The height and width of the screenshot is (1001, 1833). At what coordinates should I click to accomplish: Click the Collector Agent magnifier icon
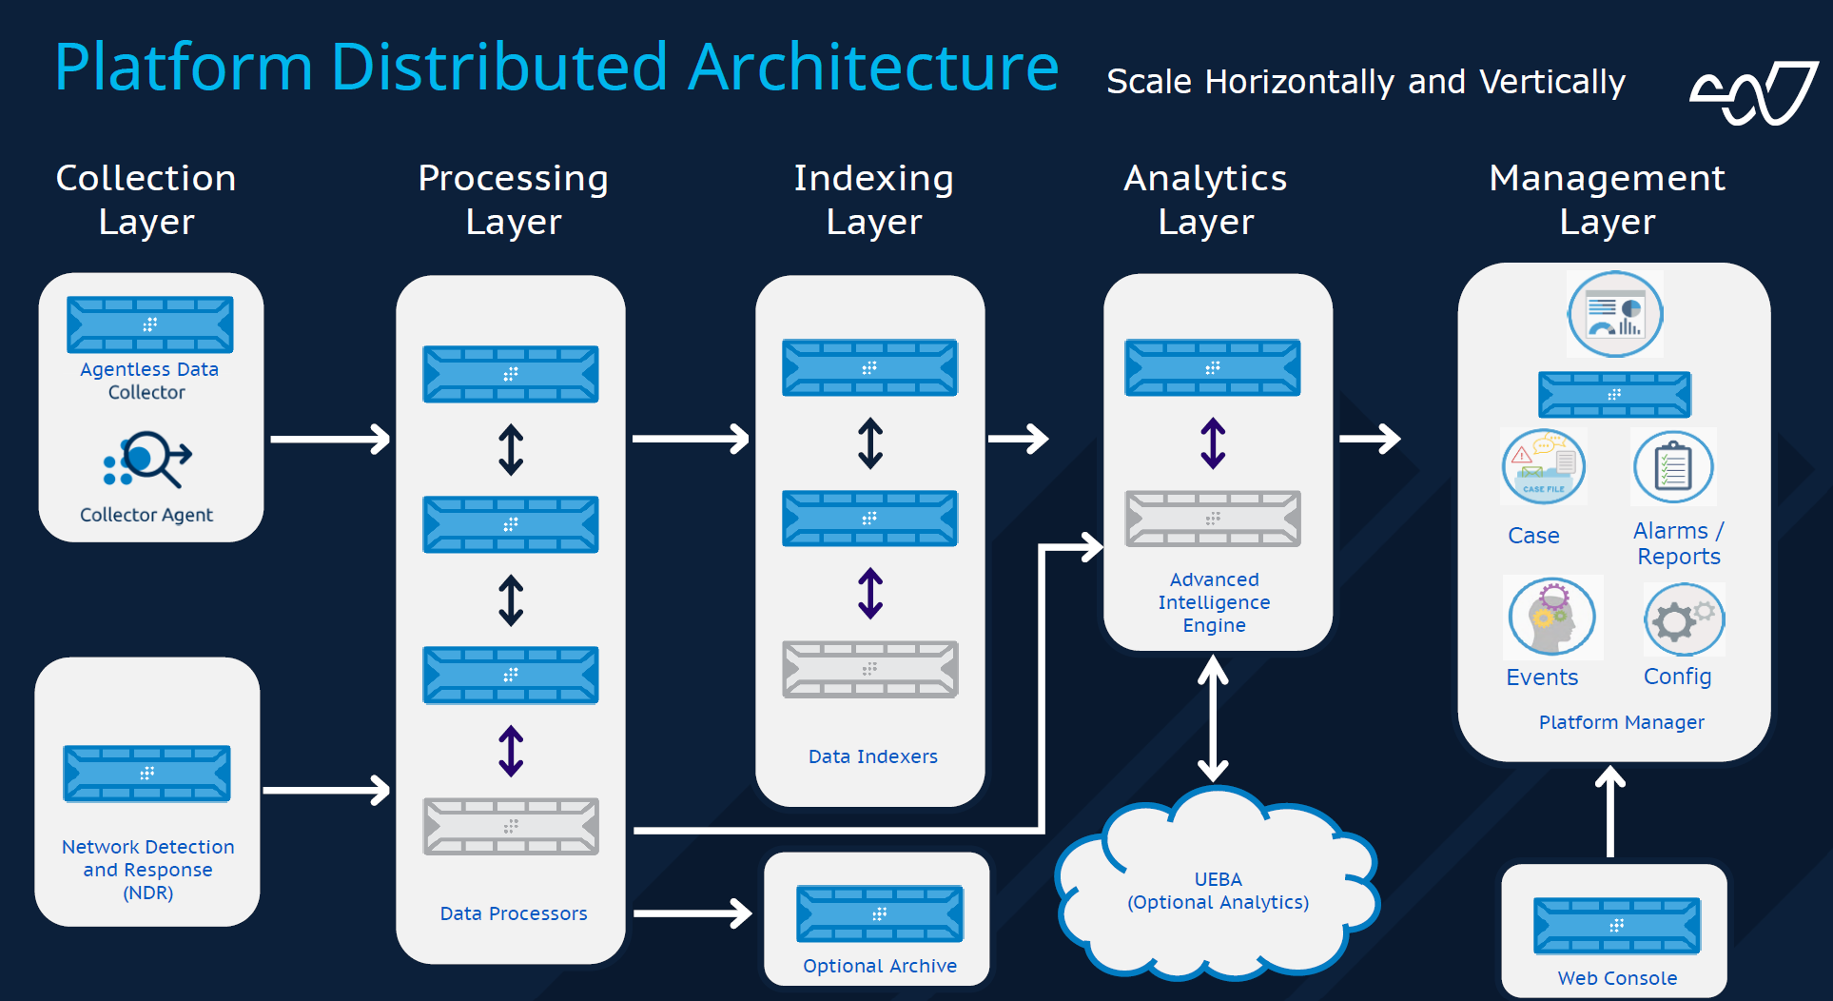(147, 460)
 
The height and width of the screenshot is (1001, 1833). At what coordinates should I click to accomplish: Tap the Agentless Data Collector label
(148, 381)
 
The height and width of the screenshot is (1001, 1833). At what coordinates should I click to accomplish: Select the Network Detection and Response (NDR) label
(147, 870)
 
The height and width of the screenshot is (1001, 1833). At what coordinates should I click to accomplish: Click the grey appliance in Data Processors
(511, 826)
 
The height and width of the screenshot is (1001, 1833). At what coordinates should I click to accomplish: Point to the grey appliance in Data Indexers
(869, 669)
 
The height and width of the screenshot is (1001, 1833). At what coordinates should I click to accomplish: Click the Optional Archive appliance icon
(879, 913)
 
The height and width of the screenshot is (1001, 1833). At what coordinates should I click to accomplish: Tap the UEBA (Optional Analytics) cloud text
(1218, 891)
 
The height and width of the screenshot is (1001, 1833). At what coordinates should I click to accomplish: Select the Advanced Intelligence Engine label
(1214, 602)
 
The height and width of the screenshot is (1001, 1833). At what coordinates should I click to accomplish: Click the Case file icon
(1543, 466)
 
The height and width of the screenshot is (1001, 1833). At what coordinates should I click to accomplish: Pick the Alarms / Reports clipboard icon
(1673, 466)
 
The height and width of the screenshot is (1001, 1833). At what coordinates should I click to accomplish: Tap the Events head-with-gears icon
(1551, 617)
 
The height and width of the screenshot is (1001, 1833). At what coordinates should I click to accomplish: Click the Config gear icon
(1684, 618)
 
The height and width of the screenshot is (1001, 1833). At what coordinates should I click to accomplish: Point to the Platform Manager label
(1621, 722)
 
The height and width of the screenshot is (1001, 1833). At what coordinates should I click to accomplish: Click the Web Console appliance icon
(1616, 926)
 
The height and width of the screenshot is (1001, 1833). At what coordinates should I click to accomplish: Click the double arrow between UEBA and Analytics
(1213, 719)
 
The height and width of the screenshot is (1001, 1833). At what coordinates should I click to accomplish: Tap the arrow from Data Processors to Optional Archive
(692, 913)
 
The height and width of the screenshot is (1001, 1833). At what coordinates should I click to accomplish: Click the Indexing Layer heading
(873, 199)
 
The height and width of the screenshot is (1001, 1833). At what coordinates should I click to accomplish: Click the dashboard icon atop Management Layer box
(1615, 314)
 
